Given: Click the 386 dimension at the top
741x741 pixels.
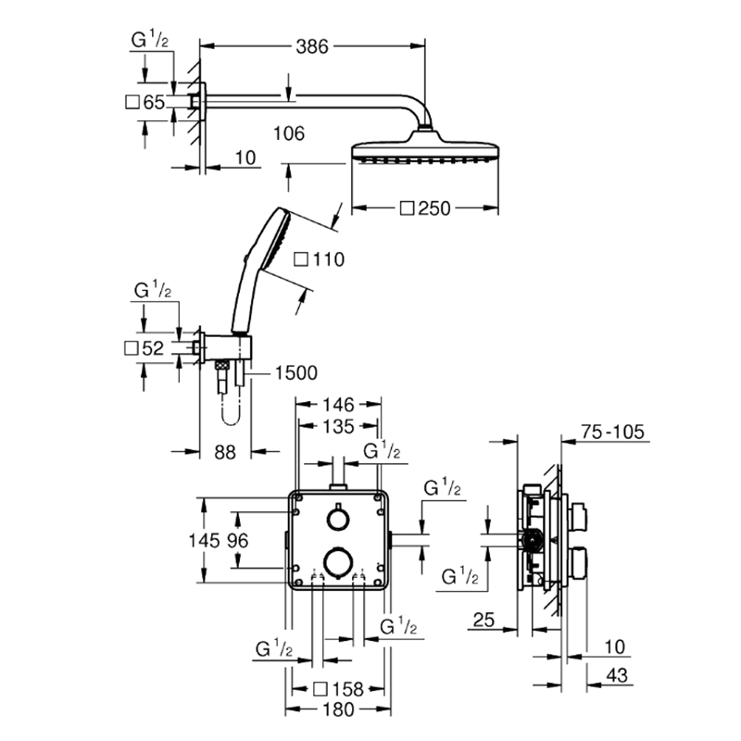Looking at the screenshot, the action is coord(312,46).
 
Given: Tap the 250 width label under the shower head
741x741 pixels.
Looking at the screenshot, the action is coord(434,208).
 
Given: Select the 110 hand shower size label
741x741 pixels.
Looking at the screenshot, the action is coord(328,259).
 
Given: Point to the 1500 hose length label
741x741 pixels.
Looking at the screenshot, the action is coord(296,373).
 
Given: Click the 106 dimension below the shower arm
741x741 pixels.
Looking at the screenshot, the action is coord(289,133).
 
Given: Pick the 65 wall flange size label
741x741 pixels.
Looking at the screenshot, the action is coord(154,102).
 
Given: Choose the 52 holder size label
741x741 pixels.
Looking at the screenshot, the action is coord(153,348).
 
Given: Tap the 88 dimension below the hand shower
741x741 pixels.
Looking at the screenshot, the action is coord(225,452).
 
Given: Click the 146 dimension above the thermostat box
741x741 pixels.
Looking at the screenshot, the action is coord(338,405).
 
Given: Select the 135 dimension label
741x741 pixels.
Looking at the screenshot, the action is coord(338,426).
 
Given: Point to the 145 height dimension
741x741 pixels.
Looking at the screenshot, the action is coord(204,540).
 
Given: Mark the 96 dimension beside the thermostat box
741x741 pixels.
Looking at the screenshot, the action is coord(237,540).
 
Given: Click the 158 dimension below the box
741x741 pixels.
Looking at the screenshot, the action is coord(347,689).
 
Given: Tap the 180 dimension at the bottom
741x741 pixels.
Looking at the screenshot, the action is coord(338,710).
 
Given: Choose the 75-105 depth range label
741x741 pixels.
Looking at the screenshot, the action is coord(612,432).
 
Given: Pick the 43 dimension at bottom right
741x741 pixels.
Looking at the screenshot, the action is coord(617,675).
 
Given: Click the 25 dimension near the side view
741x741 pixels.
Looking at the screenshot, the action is coord(484,620).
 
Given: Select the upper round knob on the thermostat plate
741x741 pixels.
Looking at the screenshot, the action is coord(338,519).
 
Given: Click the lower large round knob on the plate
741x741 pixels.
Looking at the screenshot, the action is coord(338,562).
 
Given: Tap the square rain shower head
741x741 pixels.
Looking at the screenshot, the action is coord(425,150).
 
